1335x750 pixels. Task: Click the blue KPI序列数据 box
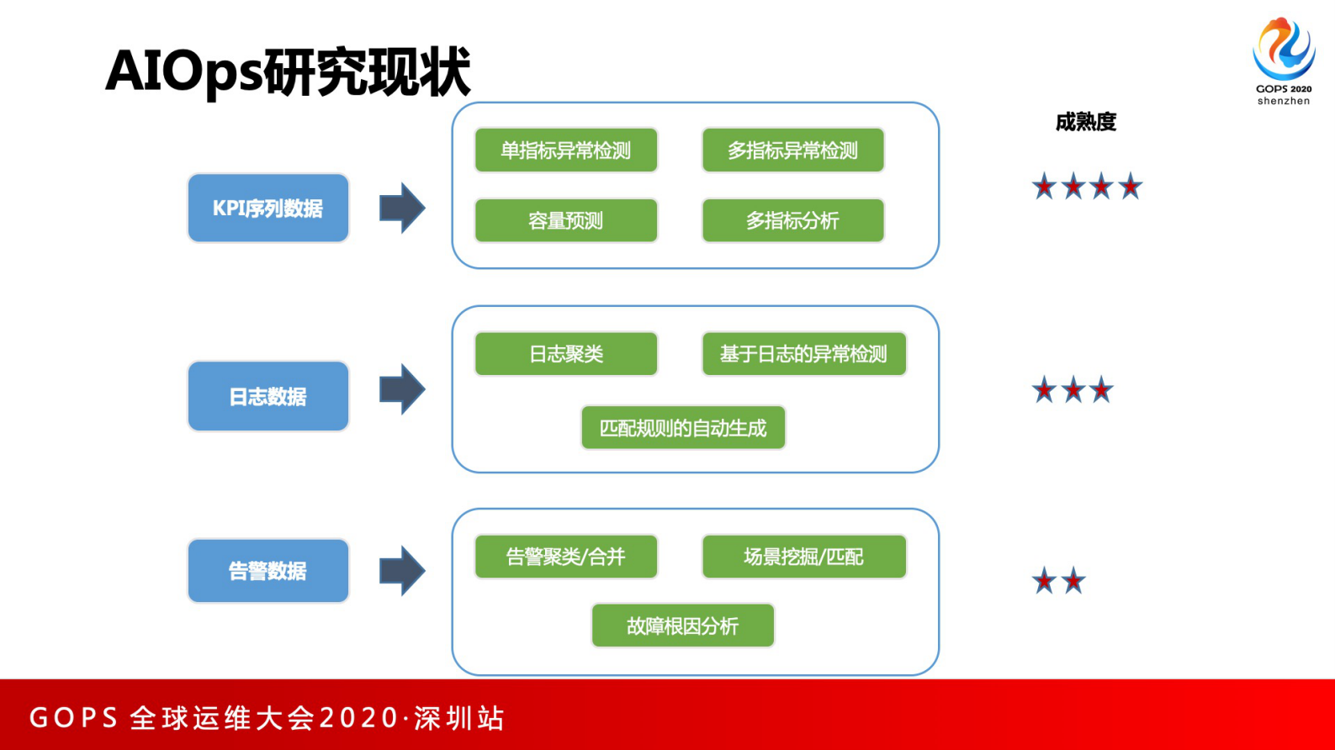tap(268, 208)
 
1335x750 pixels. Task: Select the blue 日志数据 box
tap(268, 396)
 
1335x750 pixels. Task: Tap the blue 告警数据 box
tap(268, 571)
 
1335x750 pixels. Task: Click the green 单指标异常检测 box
tap(565, 151)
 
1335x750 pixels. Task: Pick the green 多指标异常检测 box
tap(792, 151)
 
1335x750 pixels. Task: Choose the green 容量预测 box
tap(565, 220)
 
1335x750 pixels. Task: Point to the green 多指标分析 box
tap(792, 220)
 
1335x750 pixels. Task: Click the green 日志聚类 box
tap(565, 354)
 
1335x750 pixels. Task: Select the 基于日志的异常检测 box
tap(803, 354)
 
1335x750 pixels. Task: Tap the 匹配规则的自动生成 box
tap(682, 428)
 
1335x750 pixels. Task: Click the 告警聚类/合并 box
tap(565, 557)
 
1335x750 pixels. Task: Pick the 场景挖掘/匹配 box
tap(803, 557)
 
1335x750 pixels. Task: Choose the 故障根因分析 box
tap(682, 626)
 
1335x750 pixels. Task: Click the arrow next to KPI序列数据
tap(402, 208)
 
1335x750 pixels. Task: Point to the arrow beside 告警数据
tap(402, 571)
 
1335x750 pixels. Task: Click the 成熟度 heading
tap(1085, 122)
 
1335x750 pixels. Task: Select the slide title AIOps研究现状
tap(288, 71)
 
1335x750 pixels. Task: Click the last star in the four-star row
tap(1130, 186)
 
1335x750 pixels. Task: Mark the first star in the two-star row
tap(1044, 580)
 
